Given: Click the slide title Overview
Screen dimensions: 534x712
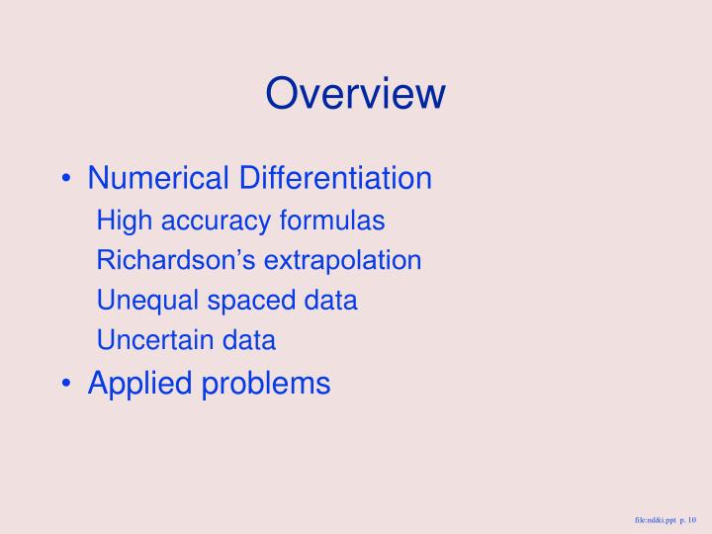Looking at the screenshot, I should click(356, 94).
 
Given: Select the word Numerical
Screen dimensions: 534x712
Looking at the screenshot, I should click(146, 179).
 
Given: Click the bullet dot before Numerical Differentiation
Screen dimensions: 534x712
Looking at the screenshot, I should click(65, 180).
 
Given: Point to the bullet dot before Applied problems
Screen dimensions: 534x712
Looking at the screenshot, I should click(65, 383).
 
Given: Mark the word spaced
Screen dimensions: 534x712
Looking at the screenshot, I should click(234, 301).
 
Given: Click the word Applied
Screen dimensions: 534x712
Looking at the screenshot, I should click(139, 383).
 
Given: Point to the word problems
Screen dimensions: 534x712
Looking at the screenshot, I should click(265, 383).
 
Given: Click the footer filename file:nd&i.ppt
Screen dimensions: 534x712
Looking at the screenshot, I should click(656, 519).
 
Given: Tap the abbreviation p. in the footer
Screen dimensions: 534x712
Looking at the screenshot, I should click(682, 519).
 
